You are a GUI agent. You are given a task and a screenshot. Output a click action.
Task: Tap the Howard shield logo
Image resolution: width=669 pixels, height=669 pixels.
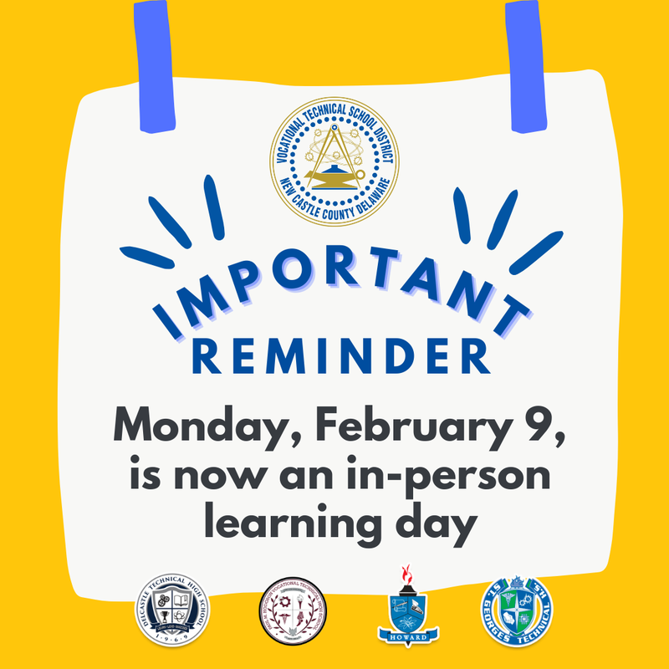point(409,615)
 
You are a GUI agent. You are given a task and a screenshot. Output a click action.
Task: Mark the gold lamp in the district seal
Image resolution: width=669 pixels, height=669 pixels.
point(334,176)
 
